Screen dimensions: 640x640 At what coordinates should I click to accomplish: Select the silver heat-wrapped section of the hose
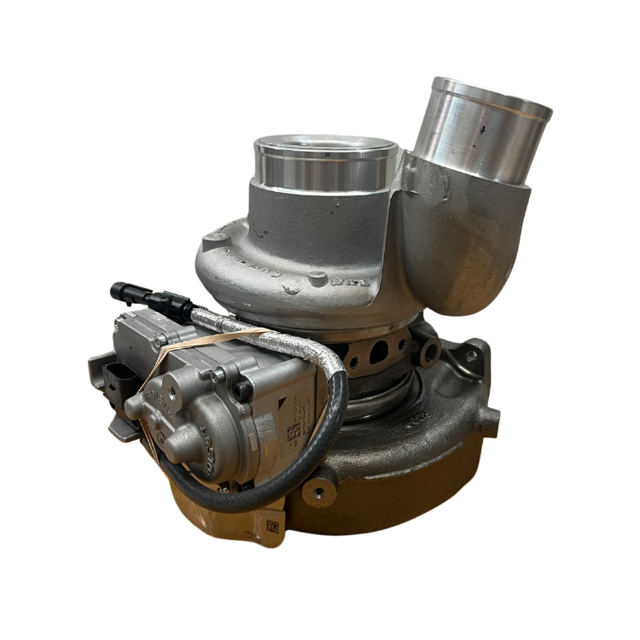(x=273, y=338)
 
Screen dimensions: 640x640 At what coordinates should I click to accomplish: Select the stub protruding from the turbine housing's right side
(x=488, y=416)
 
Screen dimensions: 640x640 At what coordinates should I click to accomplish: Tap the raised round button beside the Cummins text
(x=317, y=276)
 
